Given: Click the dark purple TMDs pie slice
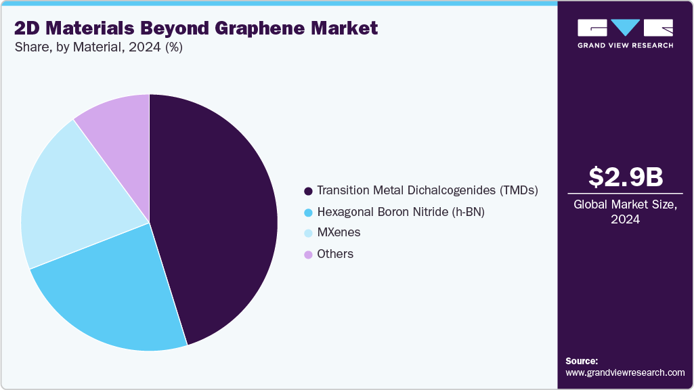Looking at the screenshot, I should pyautogui.click(x=217, y=217).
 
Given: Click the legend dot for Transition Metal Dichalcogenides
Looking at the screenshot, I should pyautogui.click(x=309, y=191).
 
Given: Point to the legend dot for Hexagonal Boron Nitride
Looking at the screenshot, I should pyautogui.click(x=309, y=212).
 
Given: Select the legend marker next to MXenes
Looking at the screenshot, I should pyautogui.click(x=309, y=233).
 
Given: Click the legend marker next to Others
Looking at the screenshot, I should pyautogui.click(x=309, y=255).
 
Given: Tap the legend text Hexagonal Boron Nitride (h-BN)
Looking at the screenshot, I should pyautogui.click(x=401, y=212).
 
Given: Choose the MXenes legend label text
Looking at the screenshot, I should pyautogui.click(x=339, y=233).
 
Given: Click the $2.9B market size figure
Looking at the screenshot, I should pyautogui.click(x=625, y=177).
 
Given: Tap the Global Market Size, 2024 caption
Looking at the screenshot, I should pyautogui.click(x=625, y=212).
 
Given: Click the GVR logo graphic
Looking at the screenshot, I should pyautogui.click(x=625, y=28).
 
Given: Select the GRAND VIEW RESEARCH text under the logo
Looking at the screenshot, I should pyautogui.click(x=625, y=45).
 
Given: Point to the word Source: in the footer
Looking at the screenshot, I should pyautogui.click(x=582, y=361).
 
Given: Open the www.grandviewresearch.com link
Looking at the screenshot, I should pyautogui.click(x=625, y=372).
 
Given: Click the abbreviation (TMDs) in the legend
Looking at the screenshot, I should pyautogui.click(x=518, y=191).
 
